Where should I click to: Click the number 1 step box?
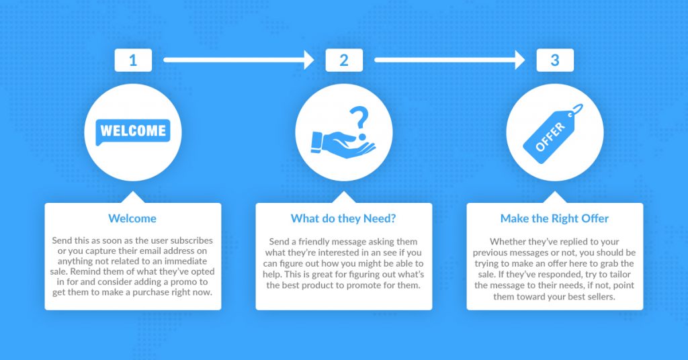pos(133,60)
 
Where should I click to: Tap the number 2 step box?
pos(344,60)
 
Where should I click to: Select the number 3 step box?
pos(555,60)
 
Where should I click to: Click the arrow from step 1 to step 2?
pos(239,60)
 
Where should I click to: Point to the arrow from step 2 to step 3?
pos(449,60)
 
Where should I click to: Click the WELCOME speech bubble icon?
pos(132,132)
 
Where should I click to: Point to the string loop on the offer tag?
pos(576,110)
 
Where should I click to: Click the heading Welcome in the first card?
pos(132,218)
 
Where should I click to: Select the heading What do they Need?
pos(343,218)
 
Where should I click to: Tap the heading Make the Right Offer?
pos(554,218)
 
